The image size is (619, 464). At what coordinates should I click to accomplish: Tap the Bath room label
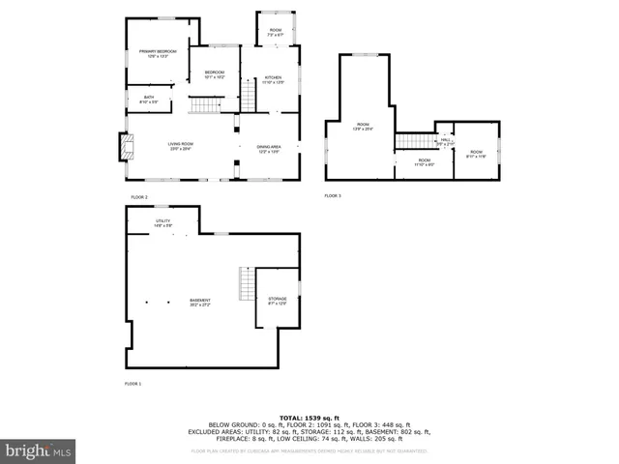point(149,99)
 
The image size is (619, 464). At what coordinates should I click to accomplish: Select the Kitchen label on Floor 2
point(273,79)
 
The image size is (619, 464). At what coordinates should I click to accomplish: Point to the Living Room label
point(181,146)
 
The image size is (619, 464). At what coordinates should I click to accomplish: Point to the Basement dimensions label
point(200,304)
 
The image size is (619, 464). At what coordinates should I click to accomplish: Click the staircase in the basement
point(247,283)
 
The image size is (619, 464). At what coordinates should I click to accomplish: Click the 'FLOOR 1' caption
point(133,384)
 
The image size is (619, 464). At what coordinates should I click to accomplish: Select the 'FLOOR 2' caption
point(139,196)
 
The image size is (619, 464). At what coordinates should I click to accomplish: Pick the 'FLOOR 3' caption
point(333,196)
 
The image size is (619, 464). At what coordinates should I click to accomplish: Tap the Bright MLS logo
point(39,449)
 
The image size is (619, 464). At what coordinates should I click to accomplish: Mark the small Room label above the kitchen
point(276,33)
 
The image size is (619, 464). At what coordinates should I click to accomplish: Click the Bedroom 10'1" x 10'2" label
point(215,74)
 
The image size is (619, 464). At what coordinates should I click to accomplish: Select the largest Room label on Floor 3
point(364,127)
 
